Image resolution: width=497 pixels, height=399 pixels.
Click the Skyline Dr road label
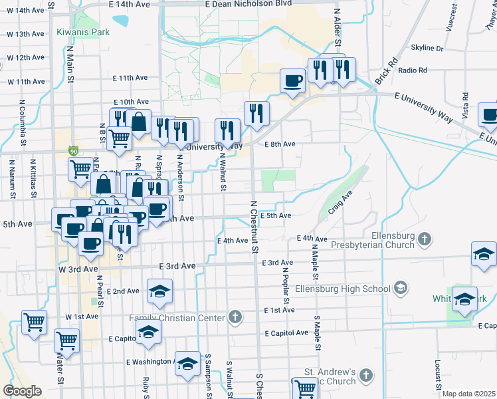coord(427,48)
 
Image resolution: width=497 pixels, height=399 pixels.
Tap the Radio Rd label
coord(413,70)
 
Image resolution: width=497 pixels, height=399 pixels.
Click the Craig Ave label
coord(339,202)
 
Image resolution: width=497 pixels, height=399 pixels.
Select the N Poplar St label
coord(285,280)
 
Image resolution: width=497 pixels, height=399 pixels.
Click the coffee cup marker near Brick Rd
coord(292,81)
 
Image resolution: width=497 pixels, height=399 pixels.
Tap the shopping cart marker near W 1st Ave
coord(35,322)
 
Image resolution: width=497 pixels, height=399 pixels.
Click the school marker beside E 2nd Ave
coord(159,291)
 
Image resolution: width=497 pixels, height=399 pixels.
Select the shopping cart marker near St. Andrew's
coord(305,388)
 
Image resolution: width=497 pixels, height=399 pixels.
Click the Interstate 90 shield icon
coord(72,151)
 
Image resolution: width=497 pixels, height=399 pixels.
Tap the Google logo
coord(22,390)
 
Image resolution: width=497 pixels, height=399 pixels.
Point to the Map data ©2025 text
coord(468,394)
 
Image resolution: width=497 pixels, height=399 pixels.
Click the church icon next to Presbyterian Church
coord(426,237)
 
